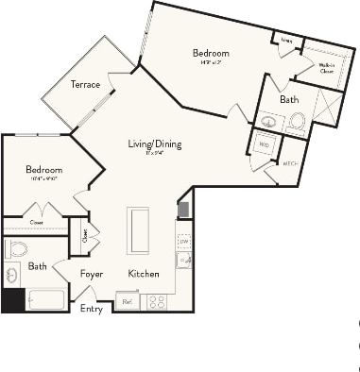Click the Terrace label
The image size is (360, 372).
point(85,85)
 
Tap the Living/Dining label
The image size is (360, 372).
point(155,144)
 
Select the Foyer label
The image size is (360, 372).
point(91,274)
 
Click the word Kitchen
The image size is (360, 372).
point(144,274)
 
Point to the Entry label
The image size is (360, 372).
point(92,309)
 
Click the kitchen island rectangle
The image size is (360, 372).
point(139,230)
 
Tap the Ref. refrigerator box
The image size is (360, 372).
point(127,301)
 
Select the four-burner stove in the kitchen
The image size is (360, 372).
point(155,302)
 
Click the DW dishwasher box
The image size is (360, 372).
point(184,242)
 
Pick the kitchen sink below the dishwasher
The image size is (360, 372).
point(184,260)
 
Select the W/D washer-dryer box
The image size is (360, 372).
point(263,145)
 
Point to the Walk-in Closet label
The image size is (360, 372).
point(326,67)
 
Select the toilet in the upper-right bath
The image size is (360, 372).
point(297,120)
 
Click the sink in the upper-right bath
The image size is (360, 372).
point(269,121)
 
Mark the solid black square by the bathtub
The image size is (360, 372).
point(12,300)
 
